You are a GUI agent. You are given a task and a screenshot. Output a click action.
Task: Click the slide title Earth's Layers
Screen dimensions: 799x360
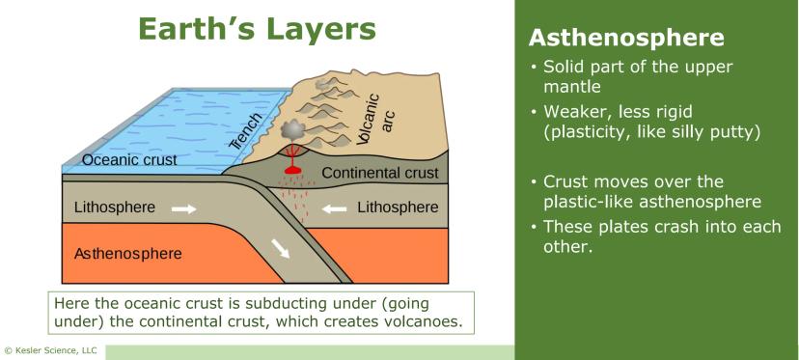[257, 29]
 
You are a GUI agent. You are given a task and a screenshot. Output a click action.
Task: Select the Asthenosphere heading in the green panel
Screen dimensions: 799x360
[626, 39]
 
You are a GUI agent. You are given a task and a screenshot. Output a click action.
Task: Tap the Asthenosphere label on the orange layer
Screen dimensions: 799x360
[128, 254]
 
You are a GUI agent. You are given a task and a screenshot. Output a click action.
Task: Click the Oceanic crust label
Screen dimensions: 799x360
[129, 159]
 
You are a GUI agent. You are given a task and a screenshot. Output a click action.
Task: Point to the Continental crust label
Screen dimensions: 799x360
[380, 173]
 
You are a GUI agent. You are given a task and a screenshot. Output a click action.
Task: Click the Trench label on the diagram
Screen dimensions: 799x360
[247, 131]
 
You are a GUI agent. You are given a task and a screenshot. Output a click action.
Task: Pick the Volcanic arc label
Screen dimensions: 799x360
[376, 119]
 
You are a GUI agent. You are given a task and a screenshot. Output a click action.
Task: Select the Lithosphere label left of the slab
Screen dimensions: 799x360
[114, 208]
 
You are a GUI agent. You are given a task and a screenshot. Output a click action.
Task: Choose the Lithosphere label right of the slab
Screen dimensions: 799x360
[398, 208]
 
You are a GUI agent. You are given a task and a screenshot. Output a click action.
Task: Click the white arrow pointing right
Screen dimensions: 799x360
[183, 208]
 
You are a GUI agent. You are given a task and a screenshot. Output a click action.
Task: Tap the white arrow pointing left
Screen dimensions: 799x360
[335, 208]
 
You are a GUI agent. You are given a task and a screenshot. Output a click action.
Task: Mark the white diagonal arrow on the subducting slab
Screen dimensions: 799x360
[280, 248]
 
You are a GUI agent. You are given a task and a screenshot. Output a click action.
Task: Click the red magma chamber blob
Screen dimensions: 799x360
[292, 170]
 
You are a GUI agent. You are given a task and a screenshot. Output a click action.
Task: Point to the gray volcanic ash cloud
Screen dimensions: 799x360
[292, 131]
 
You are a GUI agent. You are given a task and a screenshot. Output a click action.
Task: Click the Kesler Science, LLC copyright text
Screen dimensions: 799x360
[50, 350]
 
